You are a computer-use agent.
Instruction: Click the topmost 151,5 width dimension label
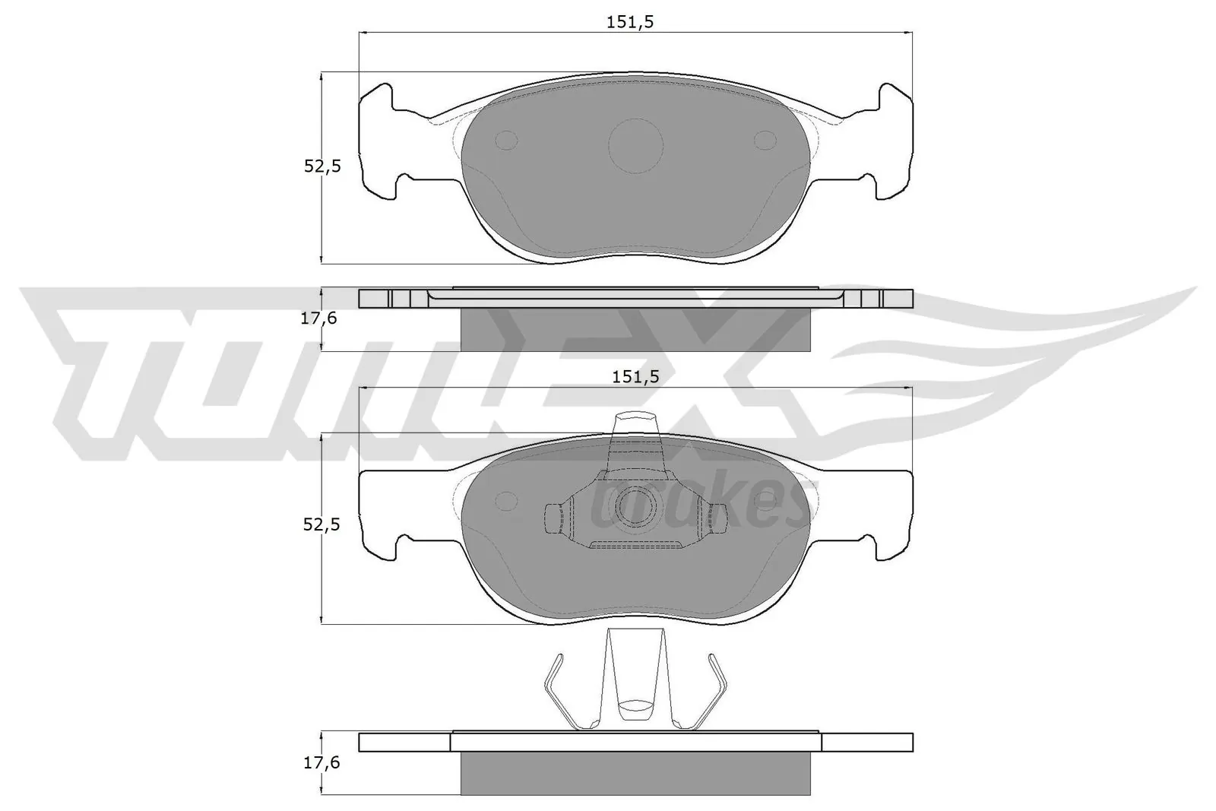pyautogui.click(x=629, y=22)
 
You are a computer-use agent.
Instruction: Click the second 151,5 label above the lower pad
pyautogui.click(x=631, y=377)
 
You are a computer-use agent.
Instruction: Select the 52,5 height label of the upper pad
pyautogui.click(x=322, y=166)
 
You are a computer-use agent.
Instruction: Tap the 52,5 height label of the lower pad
pyautogui.click(x=322, y=524)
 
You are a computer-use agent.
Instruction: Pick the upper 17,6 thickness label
pyautogui.click(x=319, y=318)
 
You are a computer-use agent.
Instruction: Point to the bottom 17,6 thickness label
pyautogui.click(x=319, y=762)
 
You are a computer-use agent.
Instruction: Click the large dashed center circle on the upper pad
pyautogui.click(x=635, y=146)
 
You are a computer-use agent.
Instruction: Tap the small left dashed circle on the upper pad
pyautogui.click(x=506, y=140)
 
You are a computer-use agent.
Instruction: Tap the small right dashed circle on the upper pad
pyautogui.click(x=765, y=140)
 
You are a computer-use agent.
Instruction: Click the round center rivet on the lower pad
pyautogui.click(x=635, y=507)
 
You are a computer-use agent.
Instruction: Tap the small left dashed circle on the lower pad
pyautogui.click(x=505, y=499)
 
